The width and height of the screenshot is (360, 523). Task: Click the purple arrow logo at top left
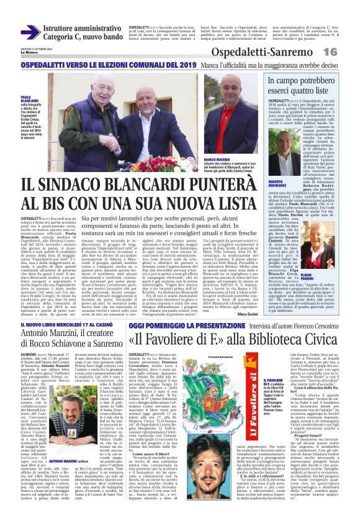click(30, 32)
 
